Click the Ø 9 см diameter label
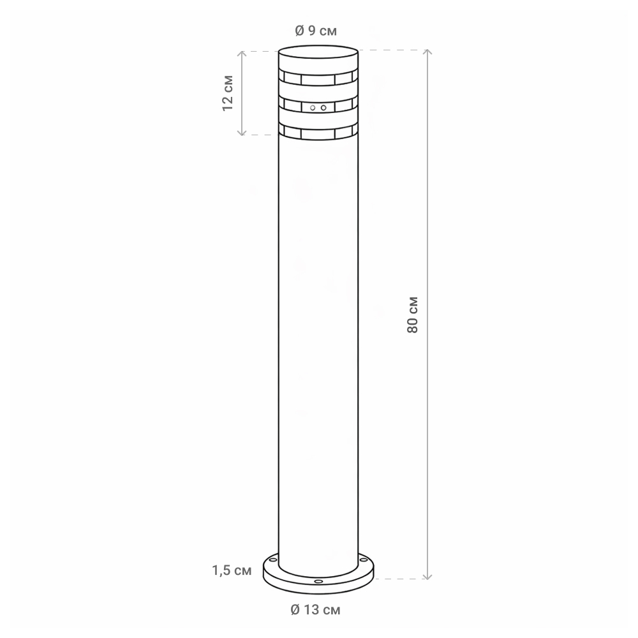click(316, 31)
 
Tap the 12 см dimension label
click(228, 93)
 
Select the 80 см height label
click(412, 315)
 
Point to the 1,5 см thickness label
click(232, 570)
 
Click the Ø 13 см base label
click(316, 609)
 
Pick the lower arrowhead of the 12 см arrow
click(242, 133)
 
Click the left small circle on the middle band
click(313, 108)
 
